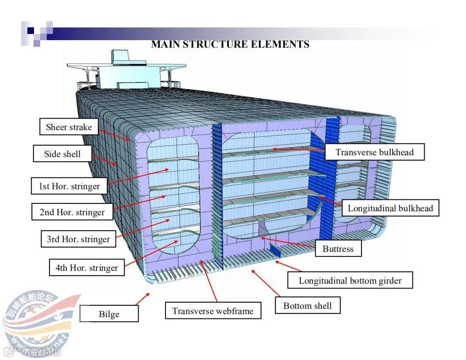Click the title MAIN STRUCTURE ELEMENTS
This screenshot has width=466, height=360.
point(230,44)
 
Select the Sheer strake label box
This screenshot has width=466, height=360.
point(69,127)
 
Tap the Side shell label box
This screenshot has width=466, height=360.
point(62,154)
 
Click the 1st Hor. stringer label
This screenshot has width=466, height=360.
point(69,186)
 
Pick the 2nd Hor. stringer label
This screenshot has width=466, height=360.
point(72,212)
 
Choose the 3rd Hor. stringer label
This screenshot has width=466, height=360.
point(78,240)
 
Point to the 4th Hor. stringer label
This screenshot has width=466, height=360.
point(86,268)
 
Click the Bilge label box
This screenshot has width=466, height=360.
point(109,314)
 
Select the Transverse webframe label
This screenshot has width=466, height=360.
point(213,311)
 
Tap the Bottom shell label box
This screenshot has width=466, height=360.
point(308,306)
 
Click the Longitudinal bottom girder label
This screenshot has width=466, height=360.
point(350,281)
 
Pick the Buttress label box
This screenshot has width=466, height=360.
point(338,249)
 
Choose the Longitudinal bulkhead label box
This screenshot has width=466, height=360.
point(391,208)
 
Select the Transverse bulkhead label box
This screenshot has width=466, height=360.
point(375,152)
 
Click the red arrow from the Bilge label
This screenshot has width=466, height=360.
point(142,300)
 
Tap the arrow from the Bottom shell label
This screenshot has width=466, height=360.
point(266,283)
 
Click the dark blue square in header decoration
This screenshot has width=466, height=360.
point(30,30)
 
